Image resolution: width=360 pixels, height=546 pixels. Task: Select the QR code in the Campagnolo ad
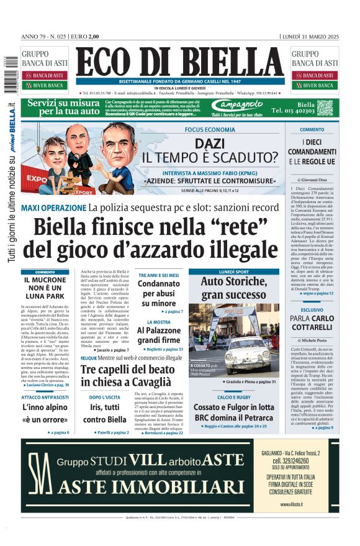tap(324, 107)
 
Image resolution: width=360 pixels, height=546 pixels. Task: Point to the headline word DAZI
tap(210, 143)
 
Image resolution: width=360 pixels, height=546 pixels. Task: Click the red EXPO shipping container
tap(37, 178)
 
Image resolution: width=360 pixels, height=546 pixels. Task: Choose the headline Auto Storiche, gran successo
tap(233, 288)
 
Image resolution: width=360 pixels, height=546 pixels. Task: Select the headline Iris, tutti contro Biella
tap(104, 413)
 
